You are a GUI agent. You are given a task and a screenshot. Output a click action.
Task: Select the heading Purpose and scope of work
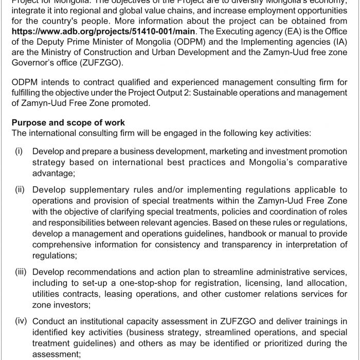(69, 123)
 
